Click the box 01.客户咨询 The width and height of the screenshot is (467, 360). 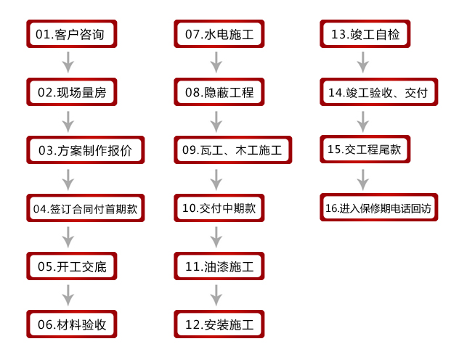(x=71, y=34)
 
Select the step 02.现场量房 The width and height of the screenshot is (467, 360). (x=71, y=92)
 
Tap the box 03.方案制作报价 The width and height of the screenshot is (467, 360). (x=86, y=150)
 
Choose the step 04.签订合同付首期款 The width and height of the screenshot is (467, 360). (x=86, y=208)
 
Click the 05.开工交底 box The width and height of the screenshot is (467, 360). (x=71, y=266)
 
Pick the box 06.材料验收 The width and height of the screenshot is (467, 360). (x=71, y=324)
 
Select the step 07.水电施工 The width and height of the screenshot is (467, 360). (x=219, y=34)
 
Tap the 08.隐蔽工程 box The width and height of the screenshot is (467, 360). (x=219, y=92)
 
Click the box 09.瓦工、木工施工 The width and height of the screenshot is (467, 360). (x=233, y=150)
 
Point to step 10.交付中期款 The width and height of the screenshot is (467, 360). (x=219, y=208)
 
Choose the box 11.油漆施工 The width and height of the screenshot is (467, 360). (x=219, y=266)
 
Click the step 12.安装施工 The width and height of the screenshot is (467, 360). (x=219, y=324)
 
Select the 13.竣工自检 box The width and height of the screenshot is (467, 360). (x=365, y=34)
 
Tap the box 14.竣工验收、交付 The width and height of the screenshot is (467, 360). (x=379, y=92)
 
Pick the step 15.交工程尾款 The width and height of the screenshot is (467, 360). (x=365, y=149)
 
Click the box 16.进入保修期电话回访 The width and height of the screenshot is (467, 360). (x=379, y=208)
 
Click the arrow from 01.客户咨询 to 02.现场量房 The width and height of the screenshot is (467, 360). (x=68, y=62)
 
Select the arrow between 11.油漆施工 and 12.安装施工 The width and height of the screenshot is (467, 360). (x=216, y=295)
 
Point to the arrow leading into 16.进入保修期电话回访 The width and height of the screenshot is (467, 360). (x=362, y=180)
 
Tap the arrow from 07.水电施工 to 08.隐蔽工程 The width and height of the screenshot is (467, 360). (x=216, y=62)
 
